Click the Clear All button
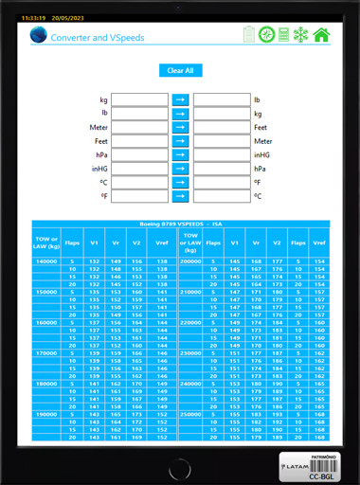[x=180, y=70]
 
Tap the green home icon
[x=322, y=35]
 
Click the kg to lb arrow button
[x=180, y=99]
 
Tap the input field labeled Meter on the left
[x=140, y=127]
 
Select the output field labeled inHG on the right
[x=220, y=154]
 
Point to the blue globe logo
[x=38, y=36]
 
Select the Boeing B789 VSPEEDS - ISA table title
[x=180, y=224]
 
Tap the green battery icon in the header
[x=249, y=35]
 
